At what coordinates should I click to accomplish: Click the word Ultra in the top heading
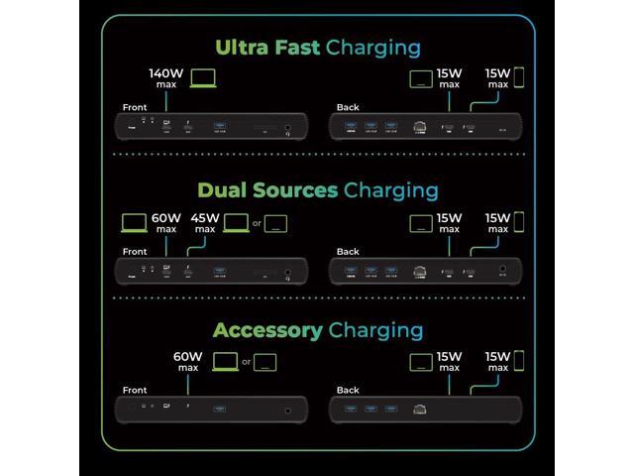click(246, 47)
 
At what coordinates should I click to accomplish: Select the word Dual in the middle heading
click(226, 189)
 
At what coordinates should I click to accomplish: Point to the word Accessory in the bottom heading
click(267, 330)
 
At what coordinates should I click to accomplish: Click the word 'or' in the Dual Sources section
click(257, 223)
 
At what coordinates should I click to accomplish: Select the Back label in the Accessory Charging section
click(349, 390)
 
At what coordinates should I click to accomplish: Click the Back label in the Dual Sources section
click(349, 251)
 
